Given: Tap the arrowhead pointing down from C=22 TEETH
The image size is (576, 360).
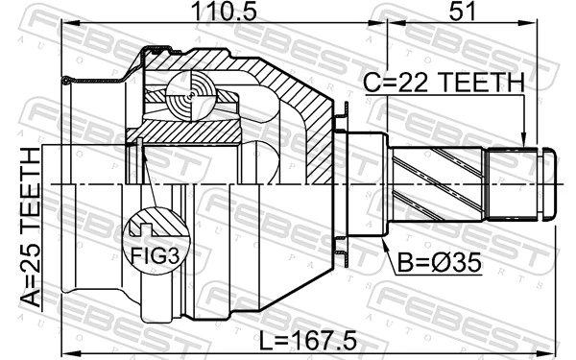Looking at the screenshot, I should (523, 139).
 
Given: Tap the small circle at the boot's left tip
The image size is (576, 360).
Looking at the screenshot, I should (65, 81).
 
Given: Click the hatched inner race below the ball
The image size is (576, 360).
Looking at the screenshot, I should (192, 128).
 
